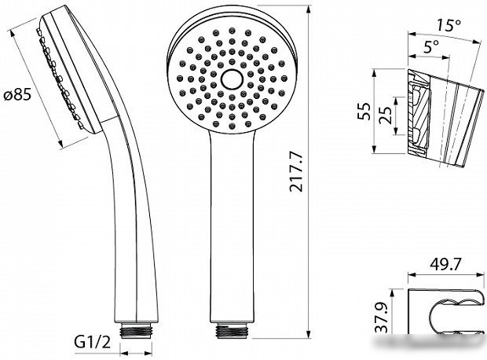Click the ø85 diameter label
pos(18,94)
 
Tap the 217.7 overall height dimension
pos(295,171)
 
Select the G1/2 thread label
pos(92,342)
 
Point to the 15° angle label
pos(449,25)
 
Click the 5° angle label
pos(431,47)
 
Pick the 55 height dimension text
pos(364,111)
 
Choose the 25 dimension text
pos(385,116)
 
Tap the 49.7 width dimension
pos(445,264)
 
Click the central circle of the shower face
pos(232,79)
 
